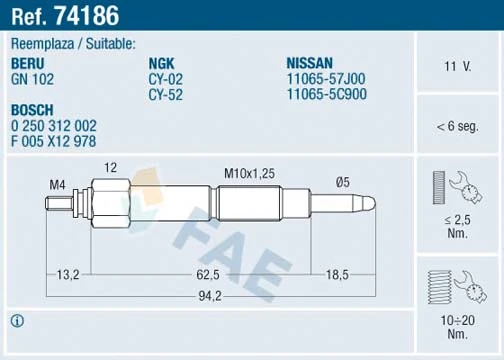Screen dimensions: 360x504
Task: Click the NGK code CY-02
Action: coord(164,77)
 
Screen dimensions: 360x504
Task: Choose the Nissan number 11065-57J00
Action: coord(325,77)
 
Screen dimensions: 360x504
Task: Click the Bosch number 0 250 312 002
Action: coord(54,126)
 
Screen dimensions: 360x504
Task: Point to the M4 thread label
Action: coord(58,184)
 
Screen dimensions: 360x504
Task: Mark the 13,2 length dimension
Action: coord(69,272)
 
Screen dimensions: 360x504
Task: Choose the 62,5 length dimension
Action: coord(208,272)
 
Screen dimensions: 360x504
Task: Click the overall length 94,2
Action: coord(208,295)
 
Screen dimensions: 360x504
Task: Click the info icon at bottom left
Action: coord(16,321)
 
